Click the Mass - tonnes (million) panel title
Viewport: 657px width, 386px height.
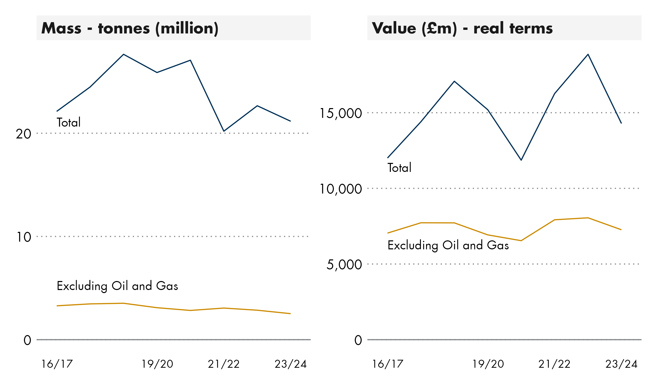coord(130,28)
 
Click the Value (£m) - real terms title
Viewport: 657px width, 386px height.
coord(462,28)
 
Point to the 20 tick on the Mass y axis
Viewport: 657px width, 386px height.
coord(23,134)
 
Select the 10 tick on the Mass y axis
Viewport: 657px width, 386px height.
coord(23,237)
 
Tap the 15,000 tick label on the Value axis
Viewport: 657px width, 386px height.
coord(341,113)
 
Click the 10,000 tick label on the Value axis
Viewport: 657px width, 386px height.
coord(341,189)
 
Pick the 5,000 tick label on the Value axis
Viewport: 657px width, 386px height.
coord(344,265)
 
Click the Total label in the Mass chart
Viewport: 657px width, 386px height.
coord(69,122)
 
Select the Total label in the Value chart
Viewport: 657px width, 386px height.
coord(399,168)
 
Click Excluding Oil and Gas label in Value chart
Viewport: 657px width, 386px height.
coord(448,245)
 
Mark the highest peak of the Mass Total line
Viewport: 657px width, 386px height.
coord(124,55)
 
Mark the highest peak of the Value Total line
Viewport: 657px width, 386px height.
coord(588,55)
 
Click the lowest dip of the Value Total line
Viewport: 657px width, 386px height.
coord(521,160)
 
